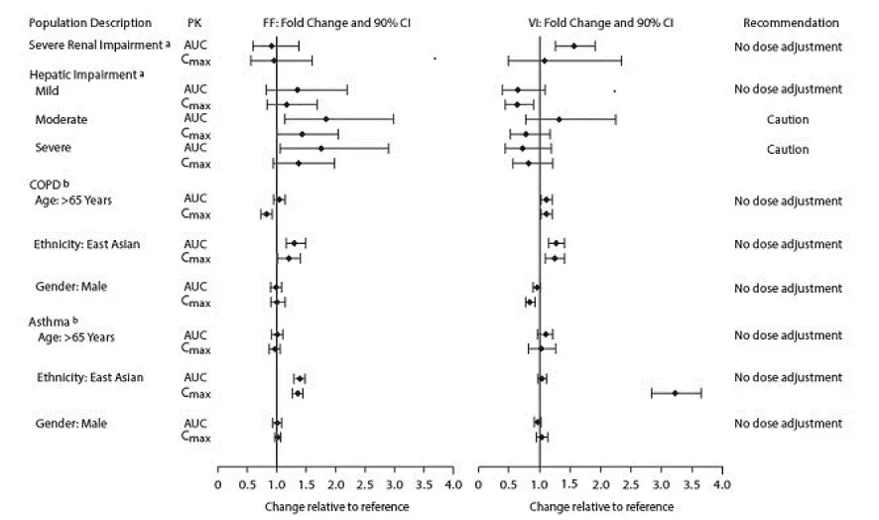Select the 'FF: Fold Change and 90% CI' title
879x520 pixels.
point(335,23)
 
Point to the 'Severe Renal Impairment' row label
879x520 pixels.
point(83,47)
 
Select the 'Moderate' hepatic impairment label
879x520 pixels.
point(62,120)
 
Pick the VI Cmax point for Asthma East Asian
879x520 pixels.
point(676,393)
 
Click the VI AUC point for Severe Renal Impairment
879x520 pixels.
point(573,46)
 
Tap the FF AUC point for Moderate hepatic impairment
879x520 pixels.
point(325,118)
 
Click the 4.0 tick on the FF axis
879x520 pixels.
point(453,484)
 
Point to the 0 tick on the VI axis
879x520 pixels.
point(479,484)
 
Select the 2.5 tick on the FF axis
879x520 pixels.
point(365,484)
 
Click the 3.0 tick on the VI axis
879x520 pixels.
point(662,484)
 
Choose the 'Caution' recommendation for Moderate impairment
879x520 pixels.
point(788,120)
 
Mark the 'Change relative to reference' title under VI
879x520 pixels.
point(601,506)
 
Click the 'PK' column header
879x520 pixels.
point(194,23)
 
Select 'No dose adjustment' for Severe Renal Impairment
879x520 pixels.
point(788,47)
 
